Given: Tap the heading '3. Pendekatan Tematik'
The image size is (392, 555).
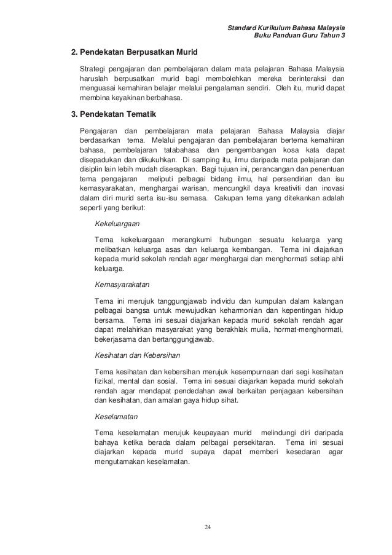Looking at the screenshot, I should coord(114,115).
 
